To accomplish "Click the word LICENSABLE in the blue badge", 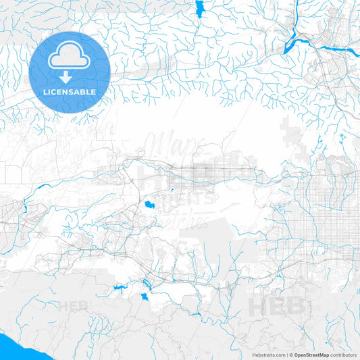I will click(x=70, y=91).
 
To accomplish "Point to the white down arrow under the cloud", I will click(x=70, y=75).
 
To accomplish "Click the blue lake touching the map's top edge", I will click(x=199, y=8).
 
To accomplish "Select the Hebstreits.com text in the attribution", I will click(x=265, y=355).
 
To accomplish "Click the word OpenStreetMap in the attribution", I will click(x=311, y=355).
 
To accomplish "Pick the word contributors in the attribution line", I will click(x=344, y=355).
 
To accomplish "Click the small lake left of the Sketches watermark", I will click(x=146, y=202).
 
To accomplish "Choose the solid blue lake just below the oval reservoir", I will click(x=145, y=297).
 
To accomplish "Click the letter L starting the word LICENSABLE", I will click(x=45, y=91).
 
